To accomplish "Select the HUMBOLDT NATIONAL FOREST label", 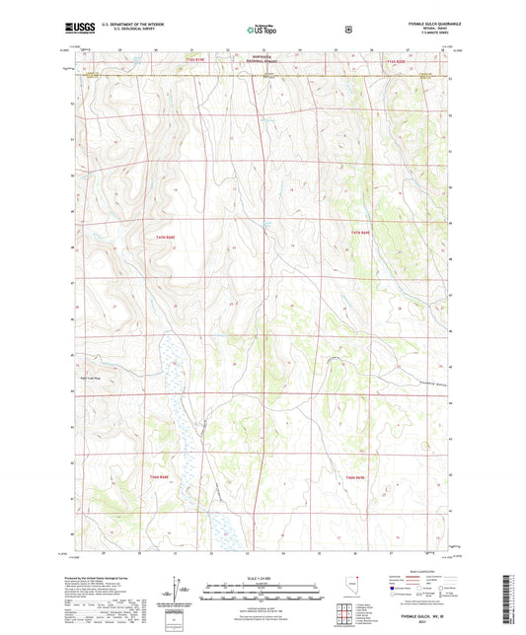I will click(x=265, y=58).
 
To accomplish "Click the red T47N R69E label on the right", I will click(x=360, y=232).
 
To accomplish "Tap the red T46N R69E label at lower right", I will click(x=356, y=478).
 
